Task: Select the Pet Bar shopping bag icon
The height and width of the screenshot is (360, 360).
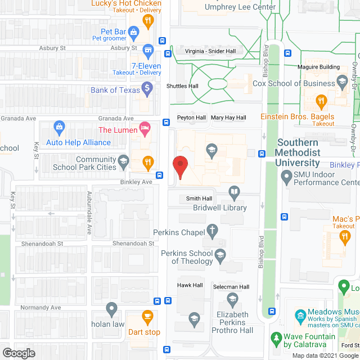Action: click(x=133, y=32)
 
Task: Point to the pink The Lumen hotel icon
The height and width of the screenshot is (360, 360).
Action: click(x=145, y=128)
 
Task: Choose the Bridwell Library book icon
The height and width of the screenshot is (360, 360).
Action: click(x=235, y=194)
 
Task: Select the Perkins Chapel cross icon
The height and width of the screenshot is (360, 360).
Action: click(x=211, y=229)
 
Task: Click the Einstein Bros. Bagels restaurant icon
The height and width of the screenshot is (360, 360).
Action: click(x=322, y=102)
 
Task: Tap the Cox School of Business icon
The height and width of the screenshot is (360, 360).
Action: click(x=342, y=83)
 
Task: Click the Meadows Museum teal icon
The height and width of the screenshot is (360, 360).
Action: click(x=299, y=314)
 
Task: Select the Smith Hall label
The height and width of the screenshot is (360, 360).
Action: click(x=199, y=199)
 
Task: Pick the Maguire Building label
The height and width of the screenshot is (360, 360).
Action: click(x=318, y=67)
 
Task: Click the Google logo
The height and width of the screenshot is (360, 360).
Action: click(x=19, y=353)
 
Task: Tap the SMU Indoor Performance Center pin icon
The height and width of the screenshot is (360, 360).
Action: click(x=285, y=174)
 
